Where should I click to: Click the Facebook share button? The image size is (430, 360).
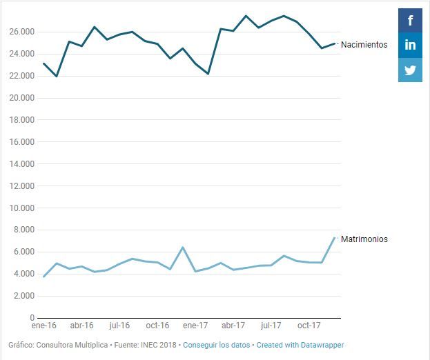point(410,20)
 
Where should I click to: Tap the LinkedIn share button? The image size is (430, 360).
point(410,45)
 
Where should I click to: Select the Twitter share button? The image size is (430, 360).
point(410,70)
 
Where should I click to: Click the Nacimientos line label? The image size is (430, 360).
point(364,45)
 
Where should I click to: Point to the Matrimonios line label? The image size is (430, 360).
point(364,239)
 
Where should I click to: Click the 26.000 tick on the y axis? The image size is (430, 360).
point(21,32)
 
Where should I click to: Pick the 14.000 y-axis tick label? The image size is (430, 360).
point(21,164)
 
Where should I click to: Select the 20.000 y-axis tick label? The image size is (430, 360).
point(21,98)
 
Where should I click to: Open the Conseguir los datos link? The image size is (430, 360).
point(216,345)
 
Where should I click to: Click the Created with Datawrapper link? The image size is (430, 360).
point(300,345)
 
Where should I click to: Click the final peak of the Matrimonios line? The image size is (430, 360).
point(335,238)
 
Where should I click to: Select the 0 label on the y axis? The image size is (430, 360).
point(32,318)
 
